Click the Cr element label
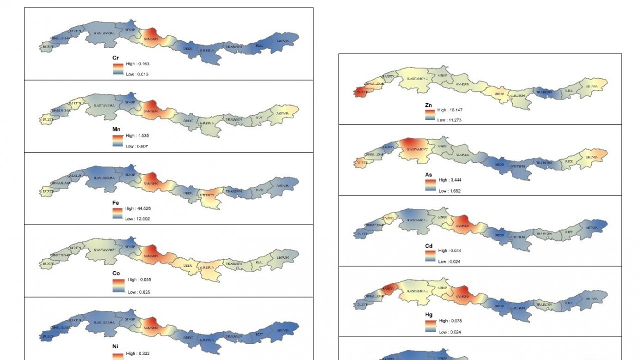pos(115,58)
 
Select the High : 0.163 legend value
pos(137,64)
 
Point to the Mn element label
pos(116,129)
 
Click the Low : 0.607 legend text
pos(137,146)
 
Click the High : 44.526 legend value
pos(138,208)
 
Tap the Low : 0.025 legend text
pos(138,292)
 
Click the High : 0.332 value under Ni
pos(137,353)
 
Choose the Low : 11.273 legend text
pos(449,120)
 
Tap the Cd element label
pos(428,246)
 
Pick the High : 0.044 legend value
pos(450,250)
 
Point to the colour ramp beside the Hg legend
pos(430,326)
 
